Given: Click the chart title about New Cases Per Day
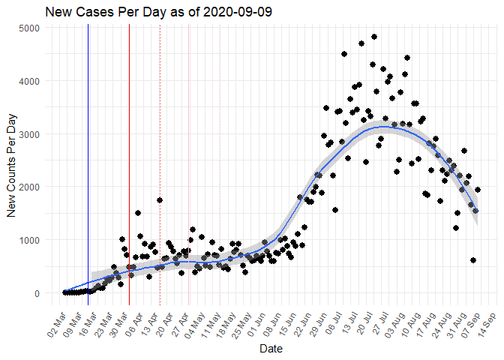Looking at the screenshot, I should pos(158,13).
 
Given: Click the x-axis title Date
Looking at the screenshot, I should pos(271,349).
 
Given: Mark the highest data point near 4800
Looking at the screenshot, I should pos(373,37).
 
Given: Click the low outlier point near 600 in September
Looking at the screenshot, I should pos(473,260).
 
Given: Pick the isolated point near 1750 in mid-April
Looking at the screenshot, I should pos(160,200).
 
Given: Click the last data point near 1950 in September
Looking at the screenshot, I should pos(478,190).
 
